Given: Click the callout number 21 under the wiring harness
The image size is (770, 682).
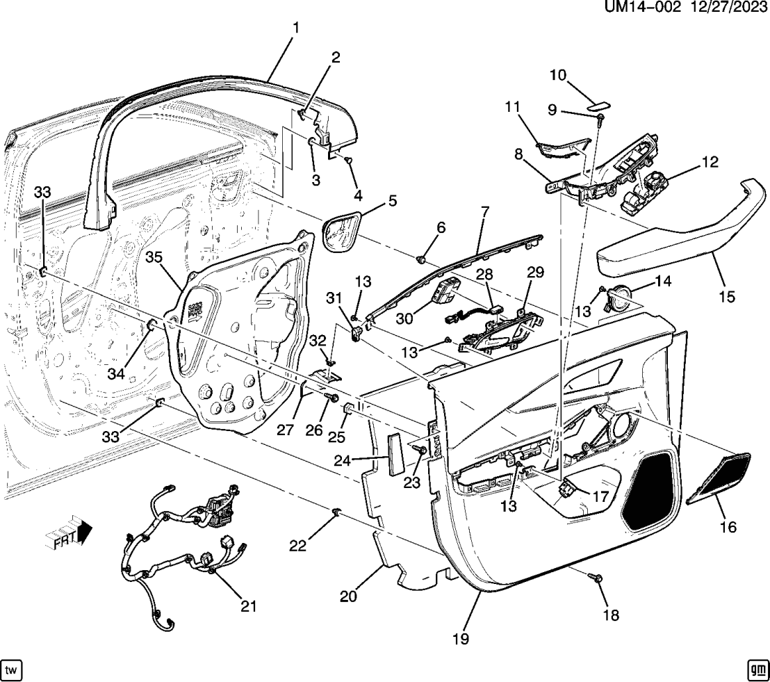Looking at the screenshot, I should (x=248, y=606).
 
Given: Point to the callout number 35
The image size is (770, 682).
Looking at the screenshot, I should (x=154, y=257).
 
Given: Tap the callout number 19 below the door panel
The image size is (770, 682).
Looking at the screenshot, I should (x=460, y=638).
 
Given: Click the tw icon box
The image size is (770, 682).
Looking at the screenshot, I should (x=12, y=669).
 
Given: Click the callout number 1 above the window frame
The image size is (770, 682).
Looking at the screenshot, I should (x=295, y=29).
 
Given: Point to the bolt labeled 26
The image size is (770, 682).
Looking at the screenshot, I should (x=333, y=398).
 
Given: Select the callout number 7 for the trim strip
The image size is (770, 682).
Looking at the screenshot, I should (x=485, y=211).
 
